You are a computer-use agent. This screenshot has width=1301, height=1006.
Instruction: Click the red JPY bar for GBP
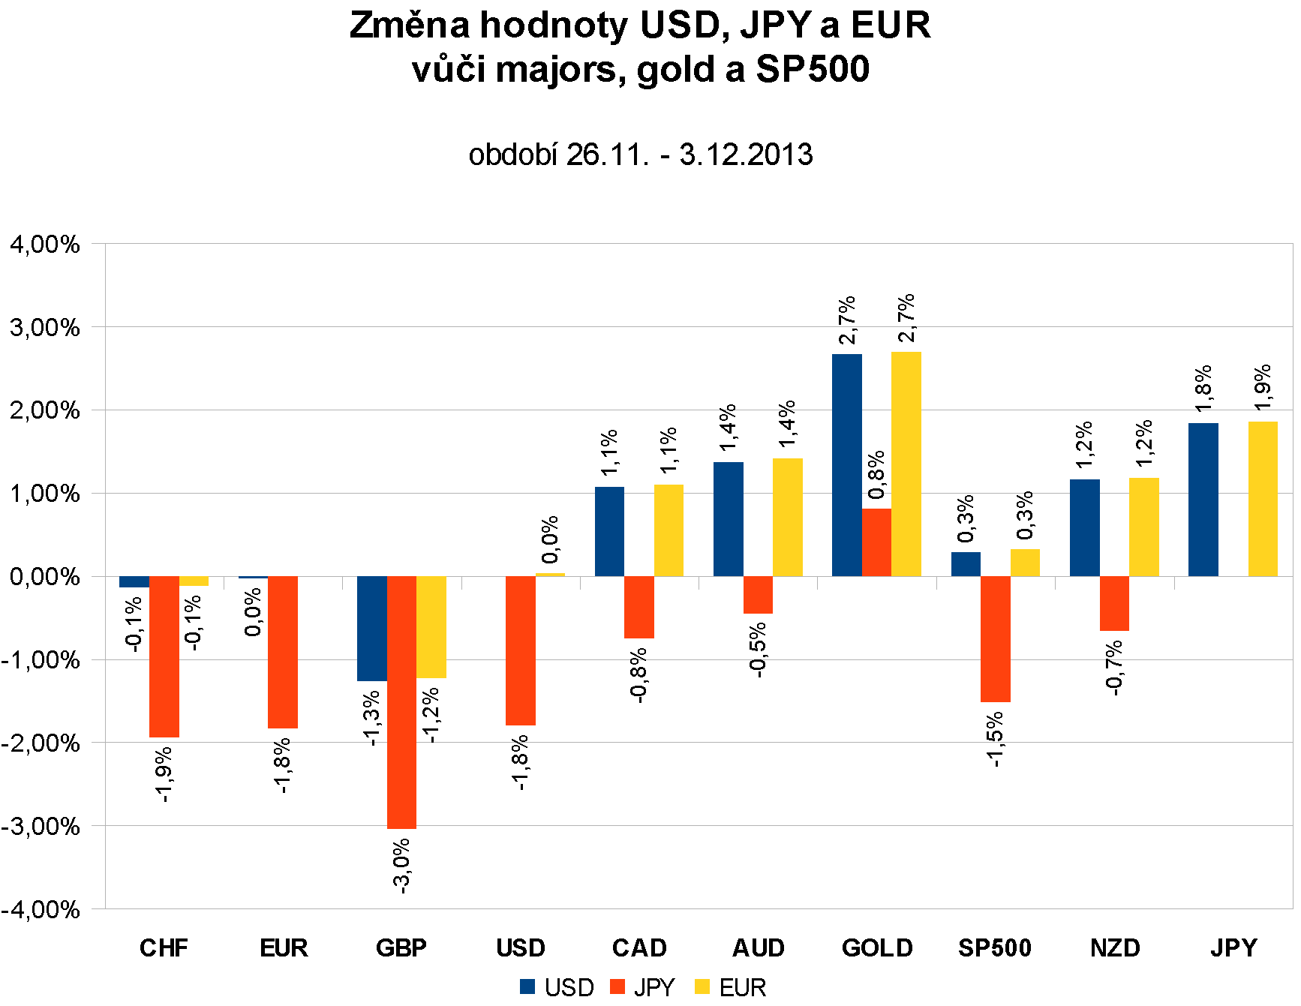click(x=401, y=702)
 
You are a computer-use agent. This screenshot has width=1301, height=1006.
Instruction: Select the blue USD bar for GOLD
click(x=846, y=465)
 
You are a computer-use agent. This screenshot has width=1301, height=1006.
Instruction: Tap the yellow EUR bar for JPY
click(x=1263, y=499)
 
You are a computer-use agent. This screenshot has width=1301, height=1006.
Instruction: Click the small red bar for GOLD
click(x=876, y=542)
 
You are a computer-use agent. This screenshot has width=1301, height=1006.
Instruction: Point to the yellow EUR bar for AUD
click(x=787, y=517)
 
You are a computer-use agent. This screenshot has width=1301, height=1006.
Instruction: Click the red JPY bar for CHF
click(x=164, y=656)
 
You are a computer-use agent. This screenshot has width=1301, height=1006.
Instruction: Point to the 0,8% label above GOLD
click(x=876, y=475)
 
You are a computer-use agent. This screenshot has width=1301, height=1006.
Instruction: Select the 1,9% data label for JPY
click(x=1263, y=387)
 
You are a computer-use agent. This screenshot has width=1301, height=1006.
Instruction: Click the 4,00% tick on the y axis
click(x=45, y=245)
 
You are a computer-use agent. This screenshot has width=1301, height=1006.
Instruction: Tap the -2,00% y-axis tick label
click(x=41, y=743)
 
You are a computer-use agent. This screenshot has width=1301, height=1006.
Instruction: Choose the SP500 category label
click(x=995, y=948)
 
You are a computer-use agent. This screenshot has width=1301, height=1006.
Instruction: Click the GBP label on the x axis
click(x=401, y=948)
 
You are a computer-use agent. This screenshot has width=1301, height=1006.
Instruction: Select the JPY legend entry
click(x=644, y=987)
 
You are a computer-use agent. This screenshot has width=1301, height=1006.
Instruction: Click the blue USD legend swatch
click(x=527, y=987)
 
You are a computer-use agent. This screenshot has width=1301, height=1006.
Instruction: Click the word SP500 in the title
click(x=813, y=69)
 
